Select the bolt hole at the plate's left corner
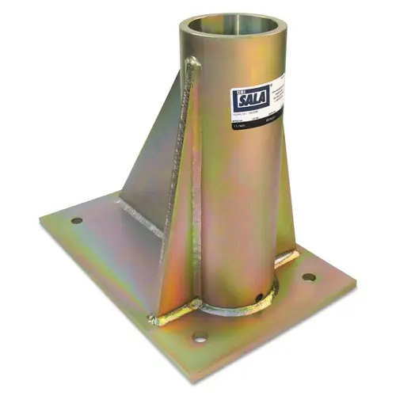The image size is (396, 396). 77,220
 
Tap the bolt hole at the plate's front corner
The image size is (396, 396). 200,337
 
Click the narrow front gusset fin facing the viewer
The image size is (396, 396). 176,238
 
